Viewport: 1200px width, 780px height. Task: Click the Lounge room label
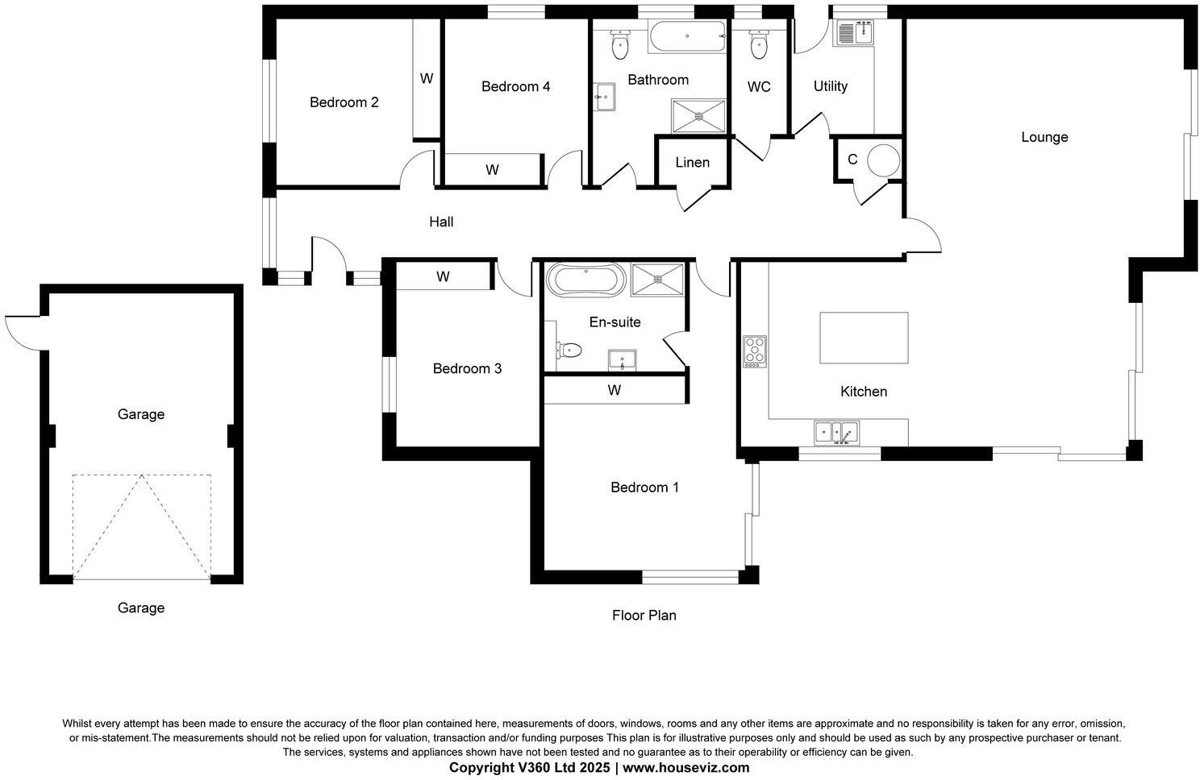(1044, 137)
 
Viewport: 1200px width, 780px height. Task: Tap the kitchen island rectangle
(863, 338)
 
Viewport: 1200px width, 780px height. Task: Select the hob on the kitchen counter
(755, 351)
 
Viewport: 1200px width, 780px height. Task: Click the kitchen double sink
(836, 433)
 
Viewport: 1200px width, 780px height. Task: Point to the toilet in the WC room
(758, 45)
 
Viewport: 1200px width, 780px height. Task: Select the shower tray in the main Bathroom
(698, 116)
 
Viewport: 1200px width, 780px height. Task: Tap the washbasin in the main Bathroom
(604, 97)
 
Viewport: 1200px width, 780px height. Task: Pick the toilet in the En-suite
(568, 350)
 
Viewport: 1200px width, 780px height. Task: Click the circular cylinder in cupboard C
(882, 160)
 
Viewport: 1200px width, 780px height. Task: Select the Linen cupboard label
(692, 163)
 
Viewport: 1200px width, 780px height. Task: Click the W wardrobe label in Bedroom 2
(427, 79)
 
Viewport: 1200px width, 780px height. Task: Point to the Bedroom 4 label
(515, 86)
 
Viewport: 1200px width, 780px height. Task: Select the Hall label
(441, 222)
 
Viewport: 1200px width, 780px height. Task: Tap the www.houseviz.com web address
(685, 767)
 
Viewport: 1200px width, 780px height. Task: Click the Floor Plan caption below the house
(644, 616)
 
